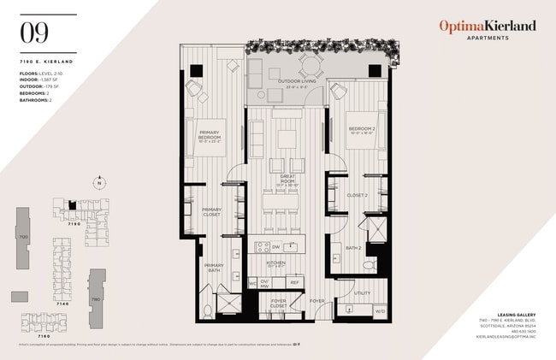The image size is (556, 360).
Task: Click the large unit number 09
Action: pyautogui.click(x=36, y=33)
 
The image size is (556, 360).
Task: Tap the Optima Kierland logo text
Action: pyautogui.click(x=488, y=27)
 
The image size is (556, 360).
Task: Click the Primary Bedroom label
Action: pyautogui.click(x=210, y=135)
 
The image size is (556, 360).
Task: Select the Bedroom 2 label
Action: pyautogui.click(x=362, y=131)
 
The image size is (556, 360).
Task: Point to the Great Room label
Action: pyautogui.click(x=287, y=178)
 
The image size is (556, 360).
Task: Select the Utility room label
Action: pyautogui.click(x=361, y=292)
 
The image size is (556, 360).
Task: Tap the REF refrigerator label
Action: pyautogui.click(x=294, y=281)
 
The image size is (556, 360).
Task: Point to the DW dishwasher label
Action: pyautogui.click(x=275, y=247)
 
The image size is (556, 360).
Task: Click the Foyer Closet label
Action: pyautogui.click(x=278, y=304)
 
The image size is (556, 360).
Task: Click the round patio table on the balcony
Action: pyautogui.click(x=309, y=65)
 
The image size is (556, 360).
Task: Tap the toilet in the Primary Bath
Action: pyautogui.click(x=206, y=309)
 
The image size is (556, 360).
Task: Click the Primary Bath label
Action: pyautogui.click(x=213, y=268)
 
